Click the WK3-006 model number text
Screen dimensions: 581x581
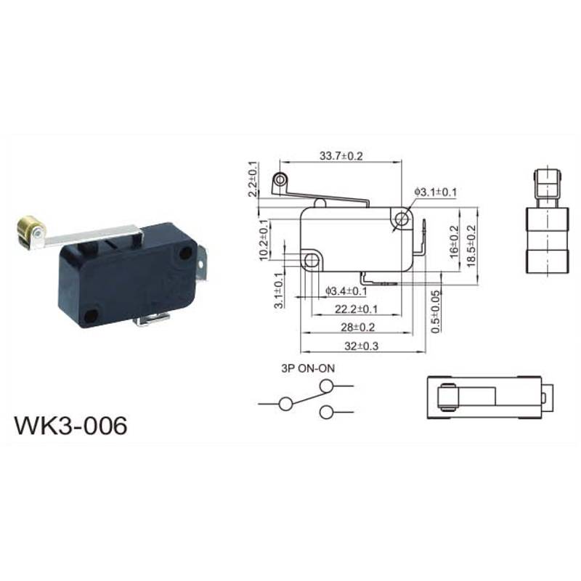[x=70, y=426]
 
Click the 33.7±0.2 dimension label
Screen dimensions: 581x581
[x=341, y=156]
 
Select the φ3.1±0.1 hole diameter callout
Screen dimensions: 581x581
[x=435, y=192]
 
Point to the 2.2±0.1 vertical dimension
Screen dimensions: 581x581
[x=253, y=179]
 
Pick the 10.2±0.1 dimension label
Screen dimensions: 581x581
[x=264, y=240]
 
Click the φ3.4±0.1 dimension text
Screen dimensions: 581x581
[x=346, y=291]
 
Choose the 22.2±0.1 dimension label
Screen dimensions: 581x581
[x=356, y=309]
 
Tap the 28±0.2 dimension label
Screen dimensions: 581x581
[x=358, y=328]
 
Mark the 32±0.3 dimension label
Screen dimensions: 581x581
[x=361, y=346]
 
